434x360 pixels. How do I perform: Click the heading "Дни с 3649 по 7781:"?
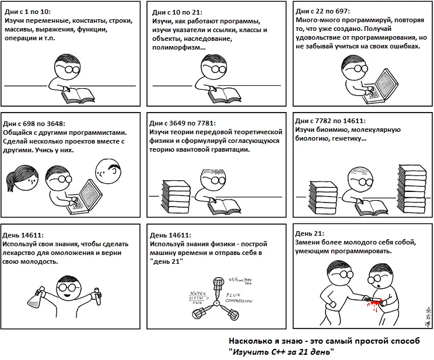tap(183, 123)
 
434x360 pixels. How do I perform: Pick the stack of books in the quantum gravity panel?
tap(171, 191)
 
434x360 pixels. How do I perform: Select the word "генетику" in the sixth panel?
tap(349, 139)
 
